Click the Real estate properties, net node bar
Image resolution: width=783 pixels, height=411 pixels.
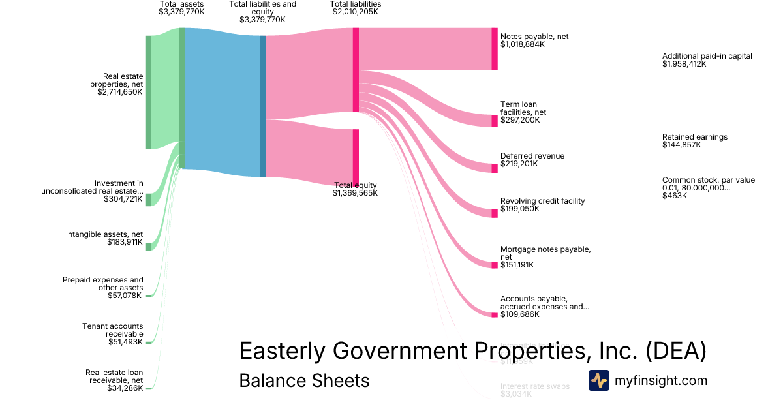[148, 92]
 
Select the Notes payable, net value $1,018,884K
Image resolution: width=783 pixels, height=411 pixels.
[523, 45]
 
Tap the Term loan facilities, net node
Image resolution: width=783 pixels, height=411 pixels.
[495, 121]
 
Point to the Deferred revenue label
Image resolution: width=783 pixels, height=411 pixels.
[532, 156]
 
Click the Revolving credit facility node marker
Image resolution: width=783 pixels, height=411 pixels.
[495, 213]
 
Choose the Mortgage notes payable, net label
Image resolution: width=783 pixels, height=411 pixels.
[545, 253]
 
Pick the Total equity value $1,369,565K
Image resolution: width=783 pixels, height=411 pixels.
[355, 193]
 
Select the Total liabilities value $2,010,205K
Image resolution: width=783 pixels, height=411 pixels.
[355, 12]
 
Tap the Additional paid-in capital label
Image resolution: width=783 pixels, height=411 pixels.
[707, 56]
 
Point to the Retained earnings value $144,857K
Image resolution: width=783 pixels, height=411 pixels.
[681, 145]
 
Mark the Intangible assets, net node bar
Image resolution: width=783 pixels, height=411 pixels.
[148, 246]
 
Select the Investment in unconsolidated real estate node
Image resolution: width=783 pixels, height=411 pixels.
[148, 200]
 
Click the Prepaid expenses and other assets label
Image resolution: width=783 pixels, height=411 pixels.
[103, 284]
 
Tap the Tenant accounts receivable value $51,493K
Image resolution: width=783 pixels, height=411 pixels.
[125, 342]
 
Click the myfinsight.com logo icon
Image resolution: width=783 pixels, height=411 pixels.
[598, 380]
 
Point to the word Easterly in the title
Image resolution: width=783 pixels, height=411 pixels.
[282, 351]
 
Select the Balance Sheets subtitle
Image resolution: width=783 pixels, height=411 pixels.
[304, 380]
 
